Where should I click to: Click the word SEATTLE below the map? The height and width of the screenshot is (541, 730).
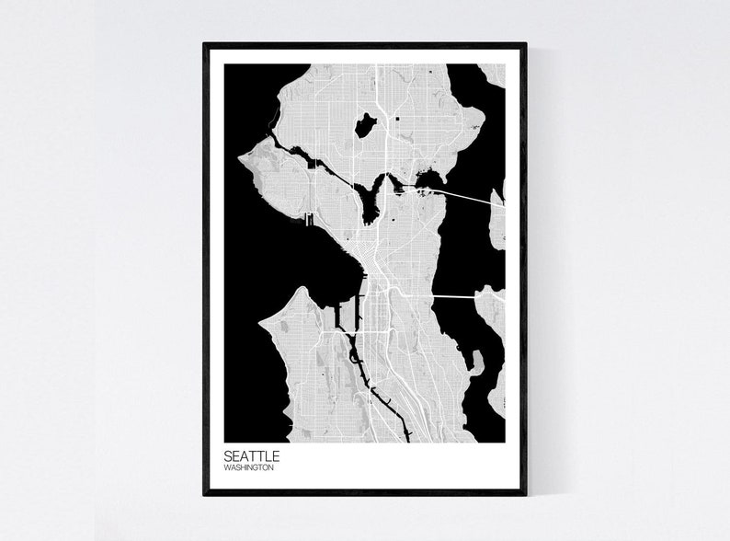point(251,455)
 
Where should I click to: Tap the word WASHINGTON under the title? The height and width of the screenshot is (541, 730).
point(248,467)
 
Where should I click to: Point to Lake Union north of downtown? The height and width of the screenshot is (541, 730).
point(372,201)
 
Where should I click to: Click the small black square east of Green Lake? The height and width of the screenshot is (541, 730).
point(397,120)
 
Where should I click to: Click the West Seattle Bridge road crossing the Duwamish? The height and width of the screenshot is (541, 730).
point(354,331)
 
